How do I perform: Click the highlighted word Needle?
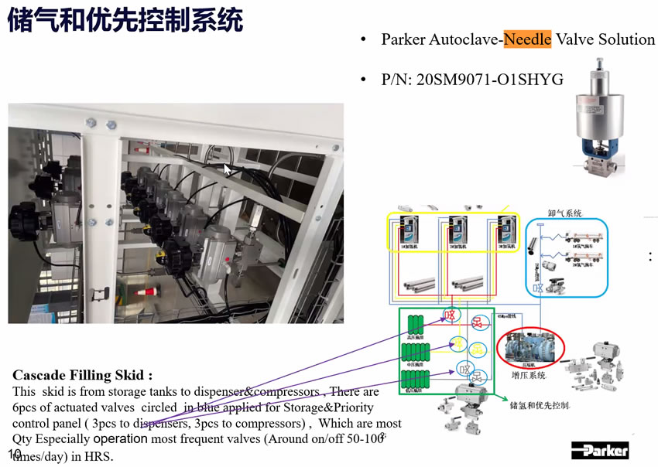[x=527, y=39]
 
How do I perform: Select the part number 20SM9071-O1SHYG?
[x=490, y=80]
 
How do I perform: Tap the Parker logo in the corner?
[x=601, y=449]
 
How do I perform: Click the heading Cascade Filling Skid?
[x=77, y=375]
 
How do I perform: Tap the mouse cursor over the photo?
[x=228, y=169]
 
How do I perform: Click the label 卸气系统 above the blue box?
[x=564, y=213]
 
